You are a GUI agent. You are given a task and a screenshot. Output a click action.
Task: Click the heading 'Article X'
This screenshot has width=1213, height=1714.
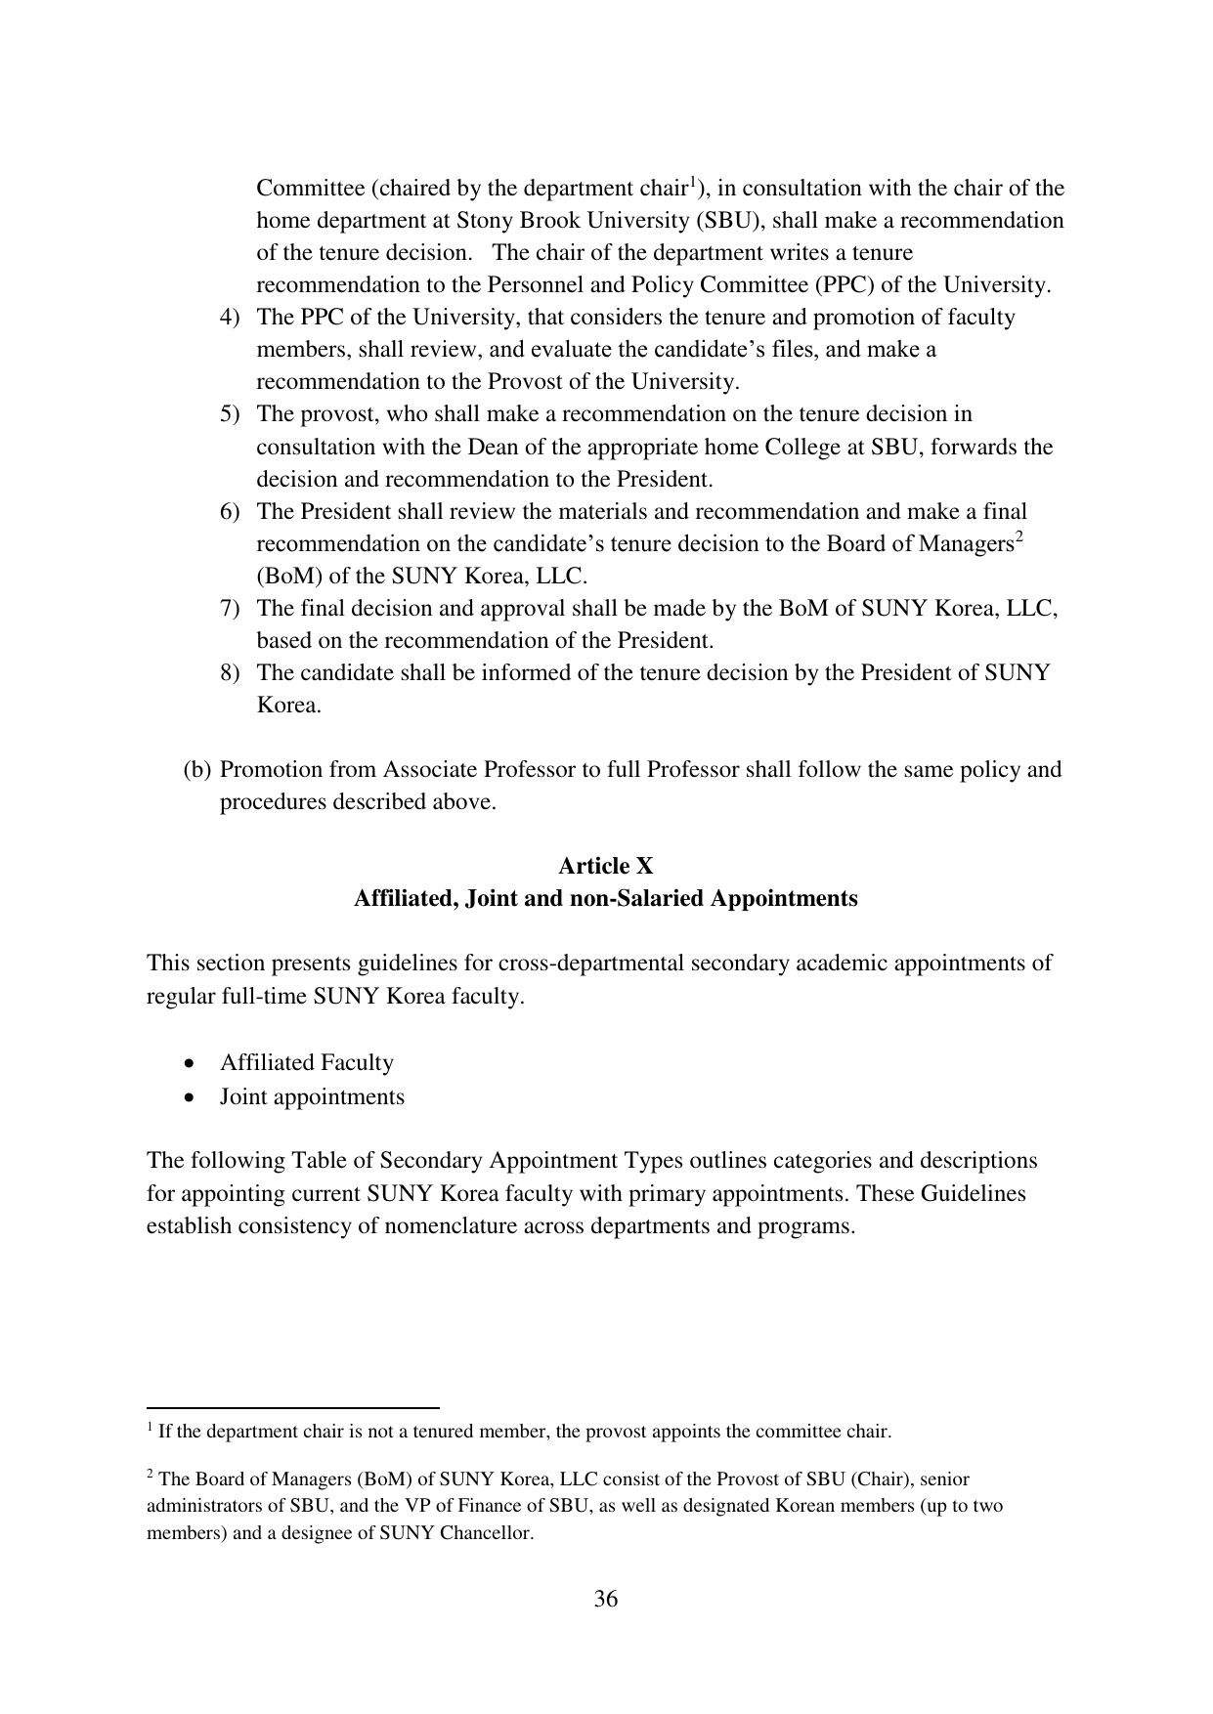click(x=605, y=866)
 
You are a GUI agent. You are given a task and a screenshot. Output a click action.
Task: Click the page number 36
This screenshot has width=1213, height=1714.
click(x=605, y=1599)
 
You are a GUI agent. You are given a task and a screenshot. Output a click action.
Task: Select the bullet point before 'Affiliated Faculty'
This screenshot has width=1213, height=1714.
click(x=188, y=1063)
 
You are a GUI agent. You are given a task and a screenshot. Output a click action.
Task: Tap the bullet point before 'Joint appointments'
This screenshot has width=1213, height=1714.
click(x=188, y=1097)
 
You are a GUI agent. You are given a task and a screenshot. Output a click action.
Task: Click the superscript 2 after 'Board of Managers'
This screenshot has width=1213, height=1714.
click(x=1018, y=536)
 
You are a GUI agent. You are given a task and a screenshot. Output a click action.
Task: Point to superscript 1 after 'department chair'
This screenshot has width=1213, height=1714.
click(x=693, y=181)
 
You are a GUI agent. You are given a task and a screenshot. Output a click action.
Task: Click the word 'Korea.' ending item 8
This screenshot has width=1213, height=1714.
click(x=288, y=706)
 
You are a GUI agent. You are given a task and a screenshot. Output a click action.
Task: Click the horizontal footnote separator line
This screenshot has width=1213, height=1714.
click(x=292, y=1407)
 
